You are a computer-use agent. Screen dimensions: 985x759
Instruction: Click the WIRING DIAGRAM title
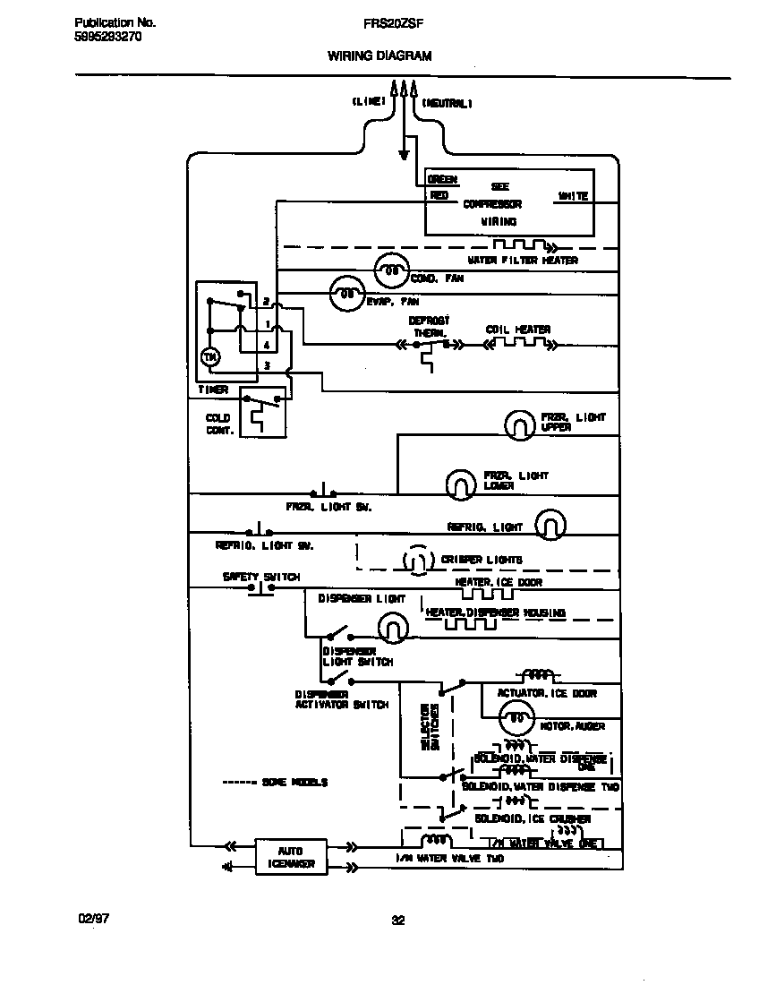coord(379,56)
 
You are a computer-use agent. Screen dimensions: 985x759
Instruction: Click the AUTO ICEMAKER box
coord(291,857)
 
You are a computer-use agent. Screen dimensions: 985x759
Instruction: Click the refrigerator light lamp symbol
coord(550,525)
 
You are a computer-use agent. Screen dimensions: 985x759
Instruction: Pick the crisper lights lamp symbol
coord(414,561)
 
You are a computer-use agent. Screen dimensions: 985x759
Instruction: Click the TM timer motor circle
coord(209,357)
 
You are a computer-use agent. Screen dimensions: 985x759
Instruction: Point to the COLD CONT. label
coord(219,424)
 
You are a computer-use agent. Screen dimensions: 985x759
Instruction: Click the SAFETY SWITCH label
coord(261,577)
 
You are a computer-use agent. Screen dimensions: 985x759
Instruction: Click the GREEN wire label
coord(442,180)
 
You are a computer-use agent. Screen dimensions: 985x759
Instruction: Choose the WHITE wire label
coord(572,195)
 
